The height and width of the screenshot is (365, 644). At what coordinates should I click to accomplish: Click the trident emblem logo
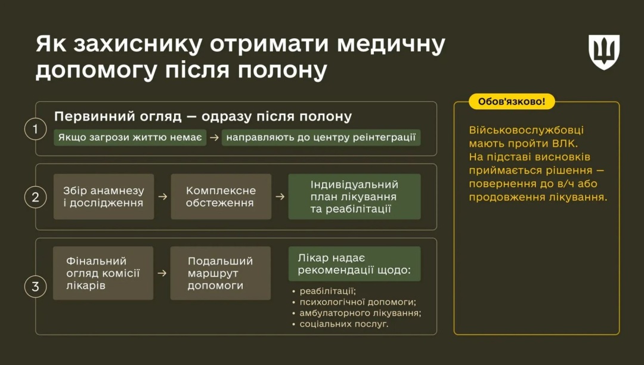click(x=604, y=52)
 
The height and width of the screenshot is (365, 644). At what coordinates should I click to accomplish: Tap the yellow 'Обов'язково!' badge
click(x=512, y=101)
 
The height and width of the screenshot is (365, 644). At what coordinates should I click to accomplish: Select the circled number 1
click(x=35, y=129)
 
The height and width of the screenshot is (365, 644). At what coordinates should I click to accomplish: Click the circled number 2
click(x=35, y=197)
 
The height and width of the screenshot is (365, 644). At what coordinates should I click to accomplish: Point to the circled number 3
click(x=35, y=287)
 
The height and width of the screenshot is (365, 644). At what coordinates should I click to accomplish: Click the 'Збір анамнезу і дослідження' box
click(x=104, y=197)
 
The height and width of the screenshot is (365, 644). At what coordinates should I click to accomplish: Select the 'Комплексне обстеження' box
click(x=221, y=197)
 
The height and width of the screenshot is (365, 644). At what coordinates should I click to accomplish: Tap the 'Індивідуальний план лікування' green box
click(x=354, y=197)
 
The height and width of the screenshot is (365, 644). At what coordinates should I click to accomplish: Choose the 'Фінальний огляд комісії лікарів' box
click(x=103, y=273)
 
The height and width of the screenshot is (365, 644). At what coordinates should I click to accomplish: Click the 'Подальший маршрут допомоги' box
click(x=220, y=273)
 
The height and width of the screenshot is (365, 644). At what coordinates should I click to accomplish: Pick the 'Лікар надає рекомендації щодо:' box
click(x=354, y=264)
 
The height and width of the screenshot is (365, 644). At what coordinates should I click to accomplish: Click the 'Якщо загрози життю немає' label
click(x=130, y=138)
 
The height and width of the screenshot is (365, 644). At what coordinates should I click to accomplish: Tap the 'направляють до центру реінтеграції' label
click(x=321, y=138)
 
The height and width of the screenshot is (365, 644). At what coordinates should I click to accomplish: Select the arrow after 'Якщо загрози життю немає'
click(x=214, y=138)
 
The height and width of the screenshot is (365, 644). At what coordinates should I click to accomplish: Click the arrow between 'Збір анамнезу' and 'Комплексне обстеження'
click(x=162, y=197)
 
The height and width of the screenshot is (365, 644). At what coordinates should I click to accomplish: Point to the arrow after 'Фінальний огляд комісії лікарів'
click(x=162, y=273)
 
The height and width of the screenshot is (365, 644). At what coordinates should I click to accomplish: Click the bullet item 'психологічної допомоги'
click(x=358, y=302)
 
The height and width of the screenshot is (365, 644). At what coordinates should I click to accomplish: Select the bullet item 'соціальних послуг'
click(x=344, y=324)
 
